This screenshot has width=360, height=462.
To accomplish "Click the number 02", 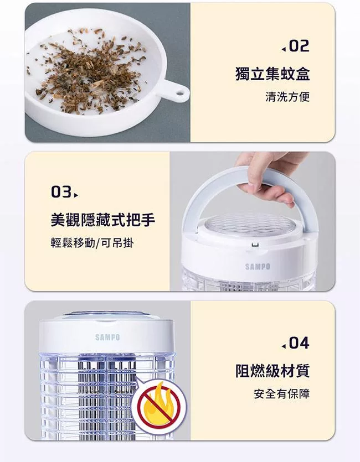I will pos(299,46).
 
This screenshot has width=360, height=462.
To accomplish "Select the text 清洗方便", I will pos(287,97).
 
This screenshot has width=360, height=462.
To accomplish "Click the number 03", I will pos(60,193).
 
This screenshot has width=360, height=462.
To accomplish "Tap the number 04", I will pos(299,343).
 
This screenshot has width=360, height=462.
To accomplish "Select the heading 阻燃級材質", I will pos(272,370).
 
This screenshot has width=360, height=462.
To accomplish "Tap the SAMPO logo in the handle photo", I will pos(258,267).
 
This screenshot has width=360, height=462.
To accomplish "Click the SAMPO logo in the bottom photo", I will pos(107,337).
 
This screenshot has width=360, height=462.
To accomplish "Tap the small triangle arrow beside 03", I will pos(76,194).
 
